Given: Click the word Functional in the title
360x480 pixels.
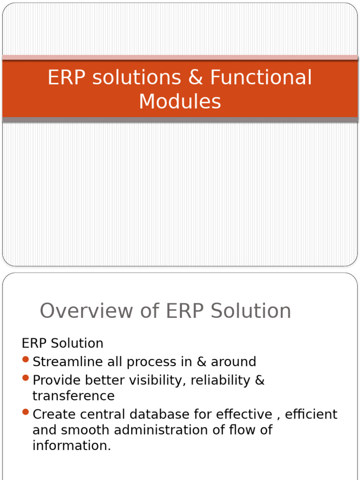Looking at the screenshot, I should (x=261, y=78).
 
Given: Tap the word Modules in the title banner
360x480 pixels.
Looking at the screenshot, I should (x=180, y=101).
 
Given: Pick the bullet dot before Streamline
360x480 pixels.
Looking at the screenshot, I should (x=26, y=360).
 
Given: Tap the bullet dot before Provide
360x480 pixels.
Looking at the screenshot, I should (x=26, y=378).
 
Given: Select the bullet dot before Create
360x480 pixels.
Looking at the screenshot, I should (x=26, y=412).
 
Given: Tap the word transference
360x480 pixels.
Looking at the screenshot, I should (x=73, y=396).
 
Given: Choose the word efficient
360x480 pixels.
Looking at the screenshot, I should (x=311, y=414).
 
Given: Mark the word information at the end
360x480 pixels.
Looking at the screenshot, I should (x=71, y=446).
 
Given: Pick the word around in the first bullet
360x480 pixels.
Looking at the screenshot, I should (x=233, y=362).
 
